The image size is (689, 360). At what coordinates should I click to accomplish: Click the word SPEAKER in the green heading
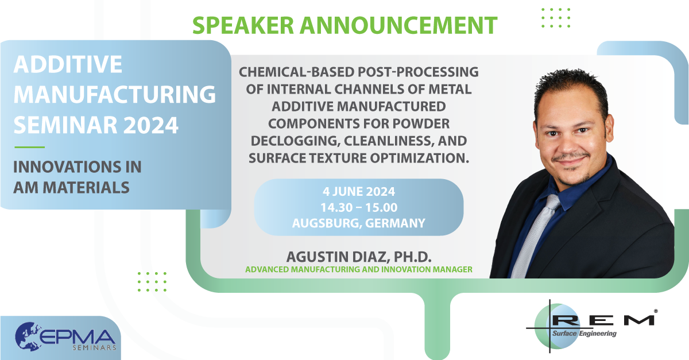click(243, 25)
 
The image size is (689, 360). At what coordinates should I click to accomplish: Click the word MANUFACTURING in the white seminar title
click(115, 94)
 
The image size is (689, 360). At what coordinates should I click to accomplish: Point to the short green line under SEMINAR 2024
click(29, 147)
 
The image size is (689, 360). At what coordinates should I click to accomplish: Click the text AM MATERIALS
click(71, 187)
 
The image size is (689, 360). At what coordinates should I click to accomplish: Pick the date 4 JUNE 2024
click(359, 192)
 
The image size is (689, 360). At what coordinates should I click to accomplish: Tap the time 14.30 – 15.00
click(359, 207)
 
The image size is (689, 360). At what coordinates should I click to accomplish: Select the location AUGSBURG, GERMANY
click(359, 223)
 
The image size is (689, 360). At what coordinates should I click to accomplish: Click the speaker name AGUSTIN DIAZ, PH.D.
click(359, 257)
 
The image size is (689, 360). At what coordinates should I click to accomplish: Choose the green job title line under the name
click(359, 269)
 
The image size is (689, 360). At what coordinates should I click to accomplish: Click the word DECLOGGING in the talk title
click(295, 141)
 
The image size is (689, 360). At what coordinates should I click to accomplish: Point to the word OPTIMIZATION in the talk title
click(420, 158)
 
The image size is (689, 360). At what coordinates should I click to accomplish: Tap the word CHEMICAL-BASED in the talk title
click(297, 72)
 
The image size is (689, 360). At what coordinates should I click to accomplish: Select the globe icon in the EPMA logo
click(28, 336)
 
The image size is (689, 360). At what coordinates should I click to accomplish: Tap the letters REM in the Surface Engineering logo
click(603, 320)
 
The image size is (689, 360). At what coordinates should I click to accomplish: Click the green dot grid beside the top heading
click(556, 18)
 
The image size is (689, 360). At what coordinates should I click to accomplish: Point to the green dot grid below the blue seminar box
click(152, 281)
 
